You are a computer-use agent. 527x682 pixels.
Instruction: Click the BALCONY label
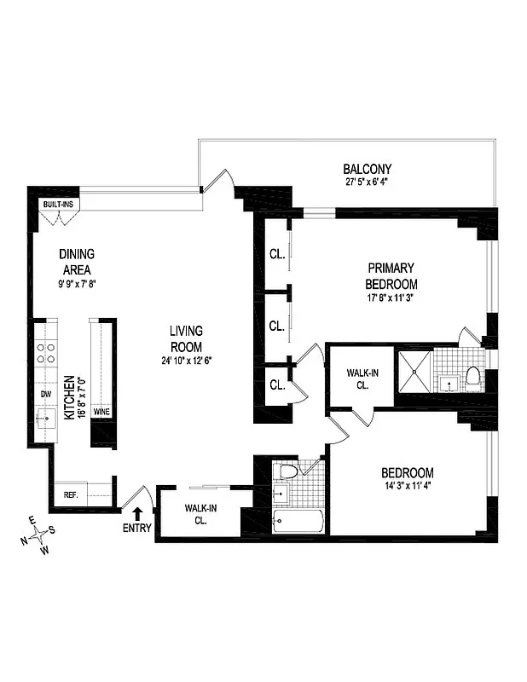coord(368,169)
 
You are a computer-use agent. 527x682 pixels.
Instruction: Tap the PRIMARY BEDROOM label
coord(391,275)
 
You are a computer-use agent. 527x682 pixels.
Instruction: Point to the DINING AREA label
coord(76,262)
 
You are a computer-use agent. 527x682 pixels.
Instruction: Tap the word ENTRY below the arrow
coord(136,528)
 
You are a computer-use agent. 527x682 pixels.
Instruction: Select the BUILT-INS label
coord(59,205)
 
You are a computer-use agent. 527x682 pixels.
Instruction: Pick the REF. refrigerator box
coord(70,494)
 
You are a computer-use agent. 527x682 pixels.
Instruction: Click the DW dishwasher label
coord(45,394)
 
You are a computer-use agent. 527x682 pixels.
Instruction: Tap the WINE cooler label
coord(101,411)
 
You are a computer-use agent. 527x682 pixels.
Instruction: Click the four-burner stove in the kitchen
coord(45,353)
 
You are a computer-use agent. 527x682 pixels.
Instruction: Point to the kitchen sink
coord(45,417)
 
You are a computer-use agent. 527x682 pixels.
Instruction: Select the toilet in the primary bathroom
coord(472,376)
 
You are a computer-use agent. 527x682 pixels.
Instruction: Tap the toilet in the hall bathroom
coord(288,471)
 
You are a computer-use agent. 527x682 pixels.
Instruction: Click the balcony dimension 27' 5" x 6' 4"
coord(368,182)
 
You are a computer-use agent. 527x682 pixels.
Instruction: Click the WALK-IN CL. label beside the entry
coord(201,514)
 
